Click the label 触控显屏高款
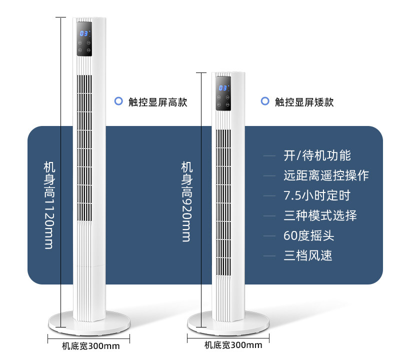click(x=157, y=102)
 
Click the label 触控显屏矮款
click(x=304, y=102)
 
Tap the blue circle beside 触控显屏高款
click(x=118, y=101)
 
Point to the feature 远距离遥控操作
click(x=326, y=175)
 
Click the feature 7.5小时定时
click(x=317, y=195)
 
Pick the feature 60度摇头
click(x=309, y=236)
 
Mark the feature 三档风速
click(x=308, y=256)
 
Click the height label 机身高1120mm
click(x=48, y=205)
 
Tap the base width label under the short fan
click(x=233, y=345)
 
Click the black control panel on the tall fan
click(x=84, y=39)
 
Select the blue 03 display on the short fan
click(x=223, y=88)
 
